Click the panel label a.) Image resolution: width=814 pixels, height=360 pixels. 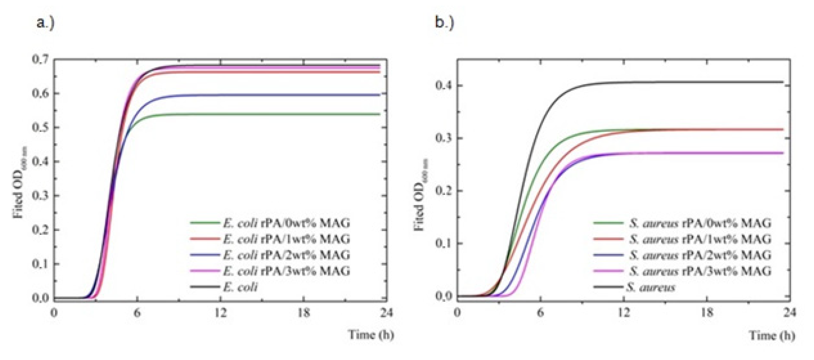(x=45, y=23)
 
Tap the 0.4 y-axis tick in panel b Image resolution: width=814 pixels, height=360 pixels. (x=444, y=86)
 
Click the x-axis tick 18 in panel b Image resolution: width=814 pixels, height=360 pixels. (x=707, y=313)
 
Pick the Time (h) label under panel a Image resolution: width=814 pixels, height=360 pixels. (x=371, y=334)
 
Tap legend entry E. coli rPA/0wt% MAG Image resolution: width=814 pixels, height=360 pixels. (x=286, y=223)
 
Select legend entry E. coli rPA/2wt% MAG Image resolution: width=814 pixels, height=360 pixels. (x=286, y=255)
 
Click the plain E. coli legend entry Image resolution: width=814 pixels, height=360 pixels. (x=240, y=287)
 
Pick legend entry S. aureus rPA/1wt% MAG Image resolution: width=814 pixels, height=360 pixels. (x=699, y=239)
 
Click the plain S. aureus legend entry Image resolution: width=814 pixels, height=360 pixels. (x=650, y=287)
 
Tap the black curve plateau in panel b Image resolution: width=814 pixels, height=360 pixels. (x=695, y=82)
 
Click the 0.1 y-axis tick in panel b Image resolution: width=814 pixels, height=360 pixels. (x=444, y=243)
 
